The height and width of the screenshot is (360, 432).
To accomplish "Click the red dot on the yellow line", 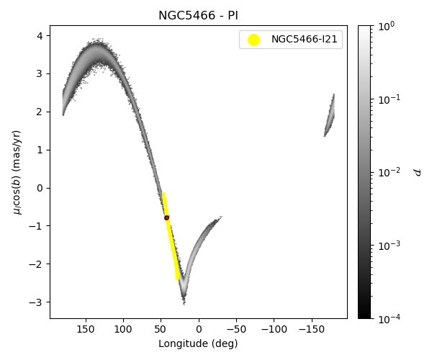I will coord(166,217).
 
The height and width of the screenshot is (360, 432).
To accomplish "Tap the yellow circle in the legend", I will coord(253,40).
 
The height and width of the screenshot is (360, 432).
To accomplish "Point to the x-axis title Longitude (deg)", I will coord(198,343).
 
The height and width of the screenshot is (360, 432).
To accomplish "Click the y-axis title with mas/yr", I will coord(17,171).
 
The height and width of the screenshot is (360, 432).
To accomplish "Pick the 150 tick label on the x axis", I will coord(86,329).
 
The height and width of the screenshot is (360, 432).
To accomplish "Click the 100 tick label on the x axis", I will coord(123,329).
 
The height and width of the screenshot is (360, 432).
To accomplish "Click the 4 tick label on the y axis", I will coord(41,35).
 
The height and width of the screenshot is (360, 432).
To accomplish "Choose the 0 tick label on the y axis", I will coord(41,188).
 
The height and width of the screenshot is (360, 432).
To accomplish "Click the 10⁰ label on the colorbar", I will coord(387,26).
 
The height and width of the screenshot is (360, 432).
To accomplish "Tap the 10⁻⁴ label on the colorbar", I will coord(389,318).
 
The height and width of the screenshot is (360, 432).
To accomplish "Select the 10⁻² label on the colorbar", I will coord(389,172).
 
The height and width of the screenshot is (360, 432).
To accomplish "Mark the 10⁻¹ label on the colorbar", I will coord(389,99).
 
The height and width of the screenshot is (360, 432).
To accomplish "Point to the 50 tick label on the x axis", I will coord(161,329).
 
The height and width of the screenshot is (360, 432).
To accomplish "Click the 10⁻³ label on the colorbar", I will coord(389,246).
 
